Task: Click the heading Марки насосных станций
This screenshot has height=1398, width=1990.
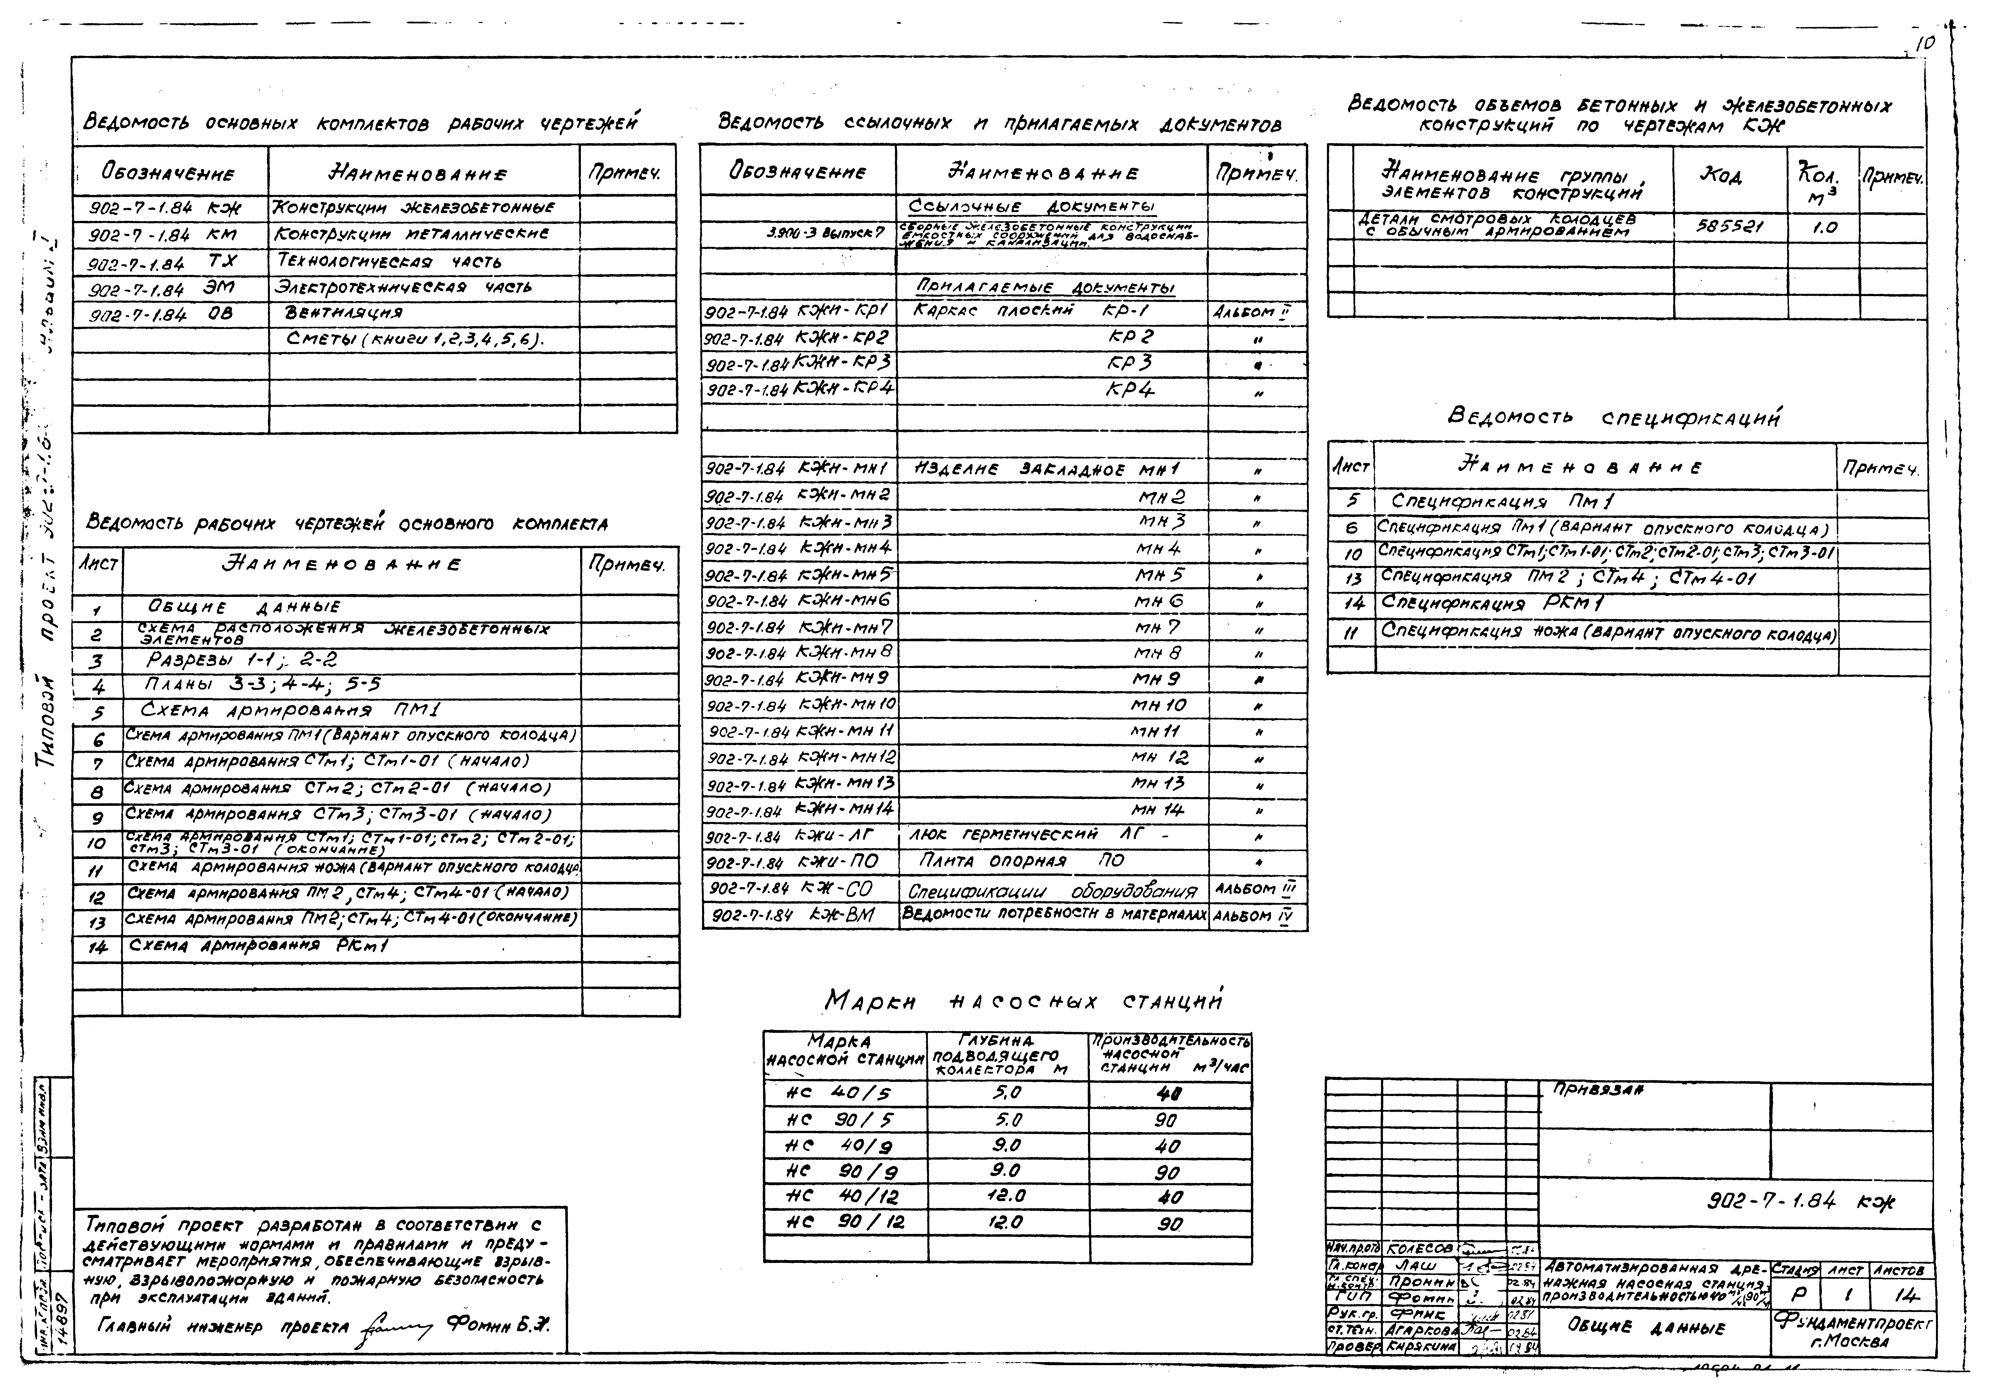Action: (1023, 1002)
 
